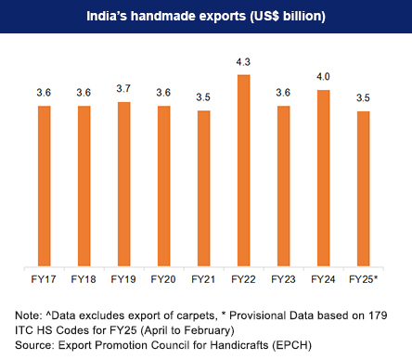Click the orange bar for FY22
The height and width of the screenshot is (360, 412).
[x=244, y=170]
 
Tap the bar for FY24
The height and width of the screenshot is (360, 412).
[x=324, y=177]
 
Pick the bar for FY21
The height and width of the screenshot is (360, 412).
[x=204, y=188]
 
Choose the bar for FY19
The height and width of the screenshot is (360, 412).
[x=124, y=184]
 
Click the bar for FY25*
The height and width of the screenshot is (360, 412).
[x=364, y=188]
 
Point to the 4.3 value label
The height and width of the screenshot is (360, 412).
[x=244, y=62]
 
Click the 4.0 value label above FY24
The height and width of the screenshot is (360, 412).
[x=324, y=78]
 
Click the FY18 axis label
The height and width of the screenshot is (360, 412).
[x=84, y=278]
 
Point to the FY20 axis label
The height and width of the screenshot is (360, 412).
[x=164, y=278]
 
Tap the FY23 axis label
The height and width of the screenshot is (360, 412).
[x=284, y=278]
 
